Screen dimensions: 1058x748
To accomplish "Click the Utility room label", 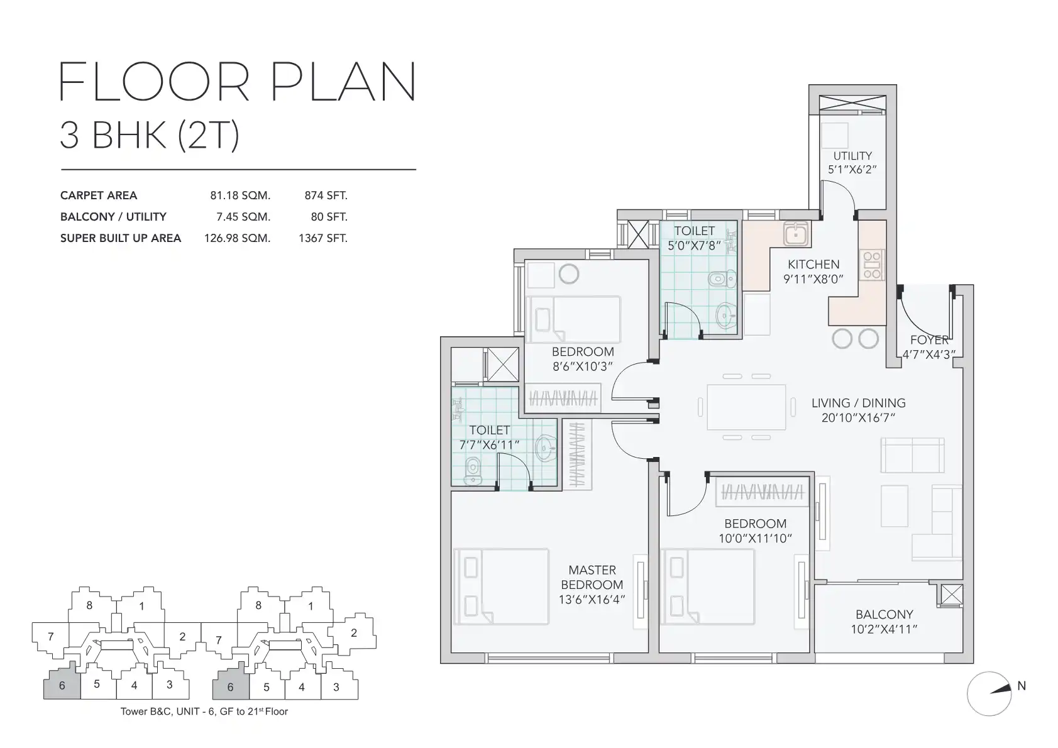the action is (852, 156).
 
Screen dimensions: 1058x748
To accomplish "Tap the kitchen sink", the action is (796, 234).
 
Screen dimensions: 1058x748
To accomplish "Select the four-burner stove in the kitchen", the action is (872, 265).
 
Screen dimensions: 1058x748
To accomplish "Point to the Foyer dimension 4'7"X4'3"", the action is (929, 355).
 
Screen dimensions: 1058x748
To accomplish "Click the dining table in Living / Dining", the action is (746, 407).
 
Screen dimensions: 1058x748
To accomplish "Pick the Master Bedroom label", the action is (592, 577).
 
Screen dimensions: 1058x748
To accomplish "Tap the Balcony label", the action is (884, 614).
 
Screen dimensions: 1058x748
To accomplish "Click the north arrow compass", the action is (989, 693).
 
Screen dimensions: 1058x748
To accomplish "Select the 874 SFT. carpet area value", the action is (326, 195).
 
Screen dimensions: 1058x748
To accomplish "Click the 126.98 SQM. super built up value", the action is (237, 238).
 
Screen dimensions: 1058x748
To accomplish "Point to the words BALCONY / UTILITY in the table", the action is (113, 217).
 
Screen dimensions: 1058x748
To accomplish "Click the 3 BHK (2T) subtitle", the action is (150, 135).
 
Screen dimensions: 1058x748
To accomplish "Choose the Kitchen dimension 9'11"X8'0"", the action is (813, 279).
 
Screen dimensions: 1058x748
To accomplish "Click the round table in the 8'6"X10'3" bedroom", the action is (569, 274).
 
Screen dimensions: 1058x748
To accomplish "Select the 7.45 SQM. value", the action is (243, 217).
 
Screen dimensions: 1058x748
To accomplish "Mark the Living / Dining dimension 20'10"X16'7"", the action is (858, 417).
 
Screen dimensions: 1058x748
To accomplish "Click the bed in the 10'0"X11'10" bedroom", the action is (708, 586).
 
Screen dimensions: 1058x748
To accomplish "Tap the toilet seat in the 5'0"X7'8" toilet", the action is (722, 279).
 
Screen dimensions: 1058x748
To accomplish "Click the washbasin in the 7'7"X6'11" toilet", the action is (545, 447).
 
